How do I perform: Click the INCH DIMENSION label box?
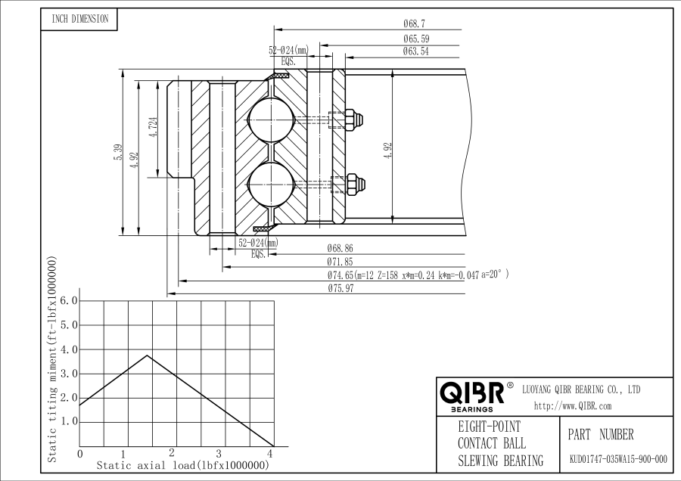[79, 20]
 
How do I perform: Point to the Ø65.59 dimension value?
[415, 39]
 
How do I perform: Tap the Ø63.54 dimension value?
[415, 51]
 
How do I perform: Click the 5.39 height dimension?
[118, 152]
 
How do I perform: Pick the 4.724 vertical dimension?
[153, 128]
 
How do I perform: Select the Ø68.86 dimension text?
[340, 248]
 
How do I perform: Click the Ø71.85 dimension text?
[340, 262]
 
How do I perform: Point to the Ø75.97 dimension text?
[340, 288]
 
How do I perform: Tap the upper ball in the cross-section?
[271, 119]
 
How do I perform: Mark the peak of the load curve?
[147, 355]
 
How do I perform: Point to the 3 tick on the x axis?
[219, 454]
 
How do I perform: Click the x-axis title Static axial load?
[183, 466]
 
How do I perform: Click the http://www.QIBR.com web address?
[573, 406]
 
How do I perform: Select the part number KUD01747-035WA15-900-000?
[618, 459]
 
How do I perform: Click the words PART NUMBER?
[601, 435]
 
